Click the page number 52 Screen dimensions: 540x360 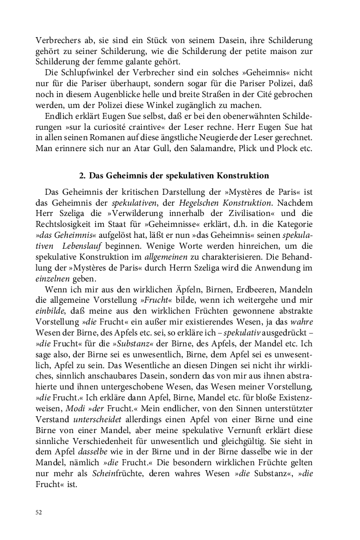pyautogui.click(x=38, y=512)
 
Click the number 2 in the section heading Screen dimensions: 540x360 pyautogui.click(x=82, y=176)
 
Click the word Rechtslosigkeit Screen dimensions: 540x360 pyautogui.click(x=65, y=225)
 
